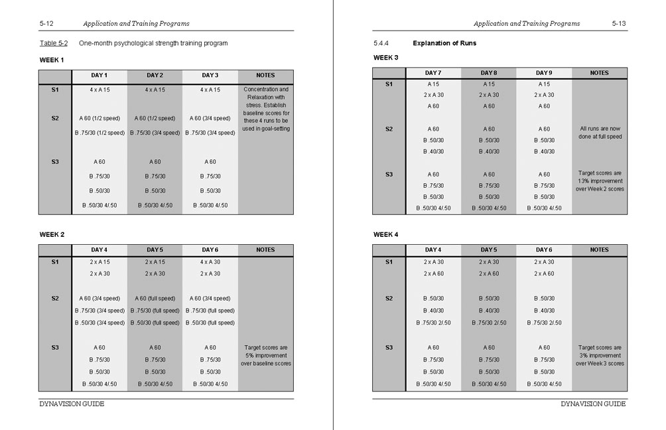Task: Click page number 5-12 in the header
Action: [46, 23]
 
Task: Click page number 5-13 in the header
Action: [618, 23]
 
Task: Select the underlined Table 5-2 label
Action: [54, 43]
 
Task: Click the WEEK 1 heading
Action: [52, 60]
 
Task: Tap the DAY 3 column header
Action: [210, 75]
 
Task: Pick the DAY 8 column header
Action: [488, 73]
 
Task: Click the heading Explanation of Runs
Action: [444, 43]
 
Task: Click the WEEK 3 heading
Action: [385, 58]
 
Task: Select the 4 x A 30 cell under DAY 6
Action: [210, 262]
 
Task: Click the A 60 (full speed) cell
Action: [155, 299]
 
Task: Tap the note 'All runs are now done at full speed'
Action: [599, 133]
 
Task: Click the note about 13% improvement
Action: [599, 180]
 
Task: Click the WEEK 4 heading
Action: [385, 234]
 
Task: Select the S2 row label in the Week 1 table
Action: [55, 118]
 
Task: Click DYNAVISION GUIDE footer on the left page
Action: [72, 404]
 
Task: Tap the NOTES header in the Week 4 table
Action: [599, 250]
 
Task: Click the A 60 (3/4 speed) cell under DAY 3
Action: [210, 118]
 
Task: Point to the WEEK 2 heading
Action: [52, 234]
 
